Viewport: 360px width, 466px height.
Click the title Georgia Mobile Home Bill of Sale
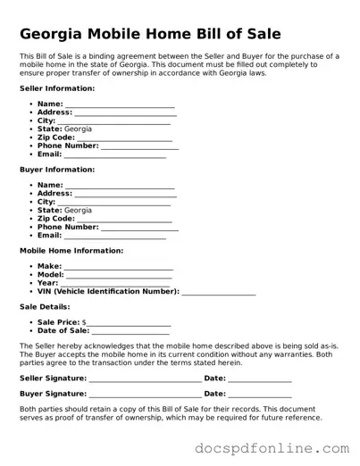coord(150,34)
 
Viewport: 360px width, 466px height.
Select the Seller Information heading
coord(57,89)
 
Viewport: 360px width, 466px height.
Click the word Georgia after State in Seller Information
coord(78,129)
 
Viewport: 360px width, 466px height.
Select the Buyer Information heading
coord(57,169)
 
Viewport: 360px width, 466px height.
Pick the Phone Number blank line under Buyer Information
coord(139,229)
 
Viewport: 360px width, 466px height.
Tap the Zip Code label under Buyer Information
coord(55,219)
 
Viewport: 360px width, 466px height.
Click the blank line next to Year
coord(115,285)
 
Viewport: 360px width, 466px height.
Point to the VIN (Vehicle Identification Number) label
coord(108,292)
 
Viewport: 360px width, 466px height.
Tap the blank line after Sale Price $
coord(129,324)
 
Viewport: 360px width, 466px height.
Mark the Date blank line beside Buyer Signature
coord(260,395)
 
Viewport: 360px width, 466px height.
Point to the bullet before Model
coord(31,275)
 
